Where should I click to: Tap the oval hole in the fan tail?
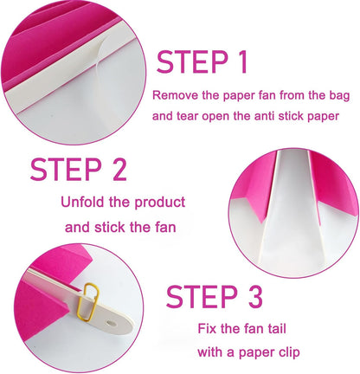pos(111,323)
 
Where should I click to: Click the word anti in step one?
pos(264,116)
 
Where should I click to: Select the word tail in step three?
pos(276,329)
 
